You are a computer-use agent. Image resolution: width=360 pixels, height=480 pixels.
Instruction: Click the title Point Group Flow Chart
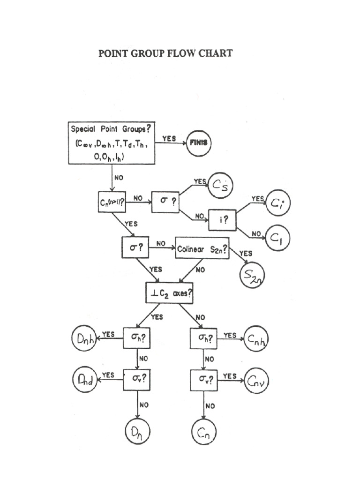click(165, 53)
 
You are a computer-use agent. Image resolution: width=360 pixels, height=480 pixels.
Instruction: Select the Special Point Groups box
click(112, 143)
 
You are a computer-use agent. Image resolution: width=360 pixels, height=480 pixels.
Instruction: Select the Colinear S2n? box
click(202, 249)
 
